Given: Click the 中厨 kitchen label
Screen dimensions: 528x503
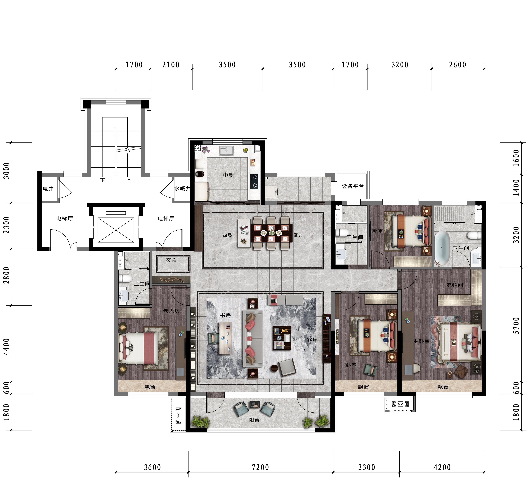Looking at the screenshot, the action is (228, 175).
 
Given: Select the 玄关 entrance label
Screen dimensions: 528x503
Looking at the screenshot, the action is (171, 260).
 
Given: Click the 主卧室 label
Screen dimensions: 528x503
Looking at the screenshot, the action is (421, 341).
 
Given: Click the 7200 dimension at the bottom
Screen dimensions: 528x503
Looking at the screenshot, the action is (260, 467).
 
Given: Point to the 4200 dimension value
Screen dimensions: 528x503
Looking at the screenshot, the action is (442, 467).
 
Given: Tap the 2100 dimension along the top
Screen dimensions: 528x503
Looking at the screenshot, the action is (171, 65).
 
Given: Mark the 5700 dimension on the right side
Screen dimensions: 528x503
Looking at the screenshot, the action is (516, 326).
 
